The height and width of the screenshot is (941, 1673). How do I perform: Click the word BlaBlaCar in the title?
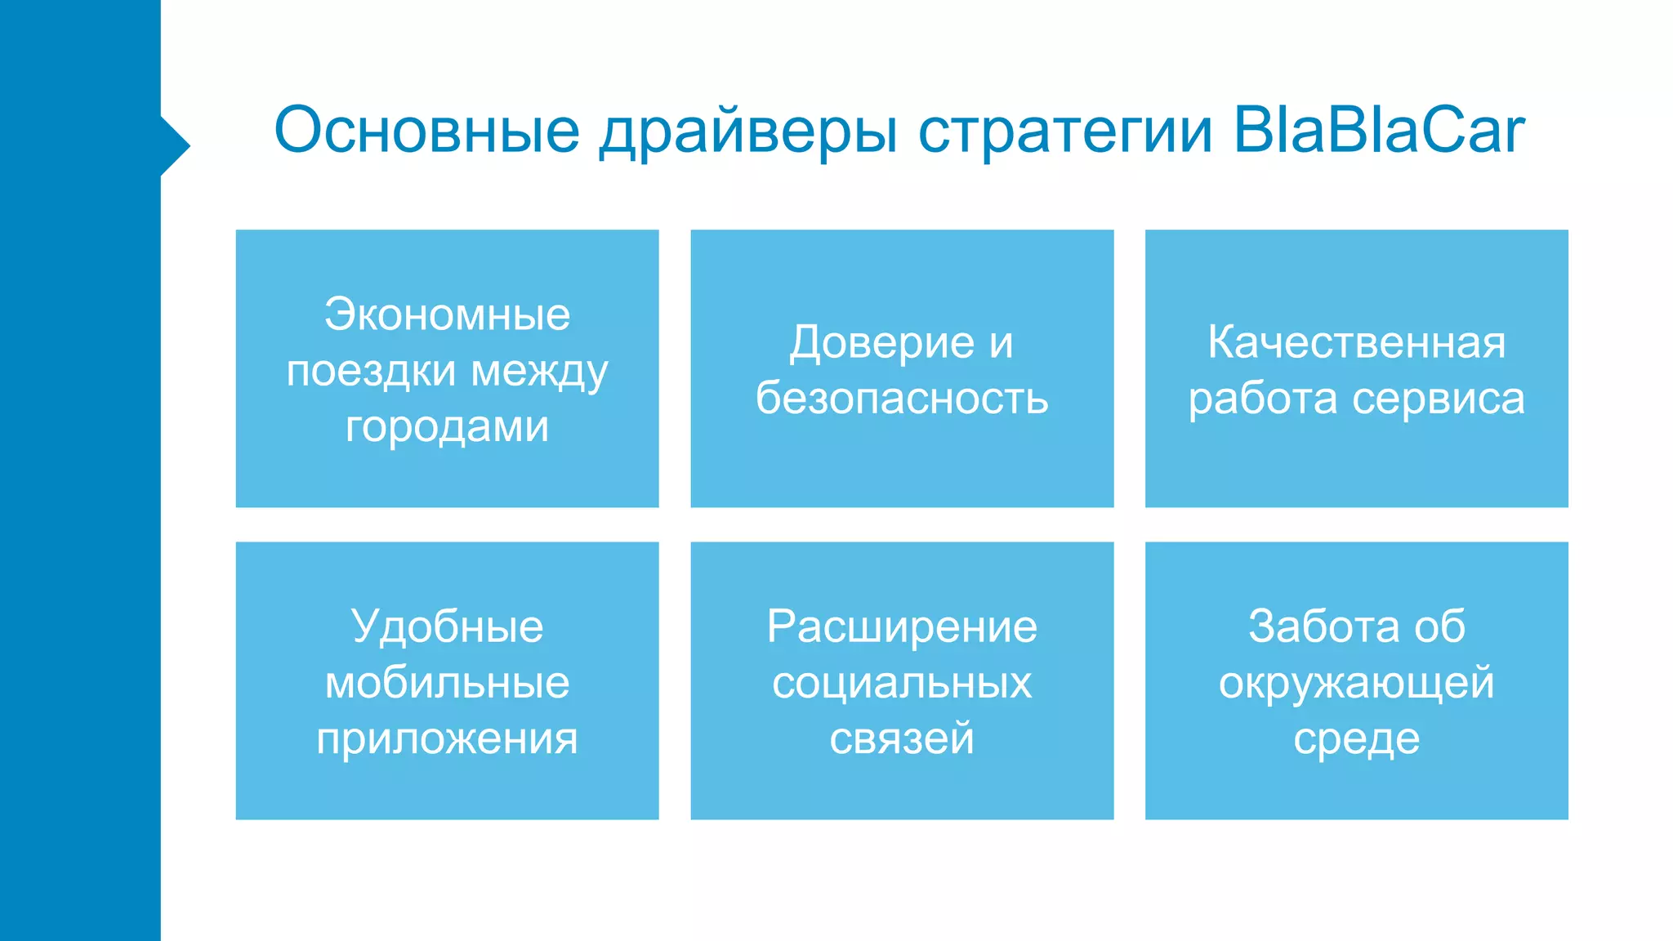(1378, 131)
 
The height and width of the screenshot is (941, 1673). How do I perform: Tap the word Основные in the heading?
(426, 131)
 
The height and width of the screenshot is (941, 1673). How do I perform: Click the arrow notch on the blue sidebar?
(176, 146)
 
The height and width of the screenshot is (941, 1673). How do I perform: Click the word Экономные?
(447, 314)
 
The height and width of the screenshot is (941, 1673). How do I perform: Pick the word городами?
(447, 426)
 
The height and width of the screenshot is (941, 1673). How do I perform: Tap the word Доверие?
(881, 342)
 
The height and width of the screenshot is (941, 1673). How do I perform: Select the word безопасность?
(902, 399)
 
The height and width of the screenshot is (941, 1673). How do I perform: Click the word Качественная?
(1356, 342)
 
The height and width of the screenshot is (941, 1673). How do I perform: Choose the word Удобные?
(447, 627)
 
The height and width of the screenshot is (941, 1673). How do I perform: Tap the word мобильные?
(447, 682)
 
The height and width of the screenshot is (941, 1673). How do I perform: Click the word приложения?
(447, 738)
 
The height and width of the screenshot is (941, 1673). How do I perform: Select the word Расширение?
(902, 627)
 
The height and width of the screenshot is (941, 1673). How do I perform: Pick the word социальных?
(902, 682)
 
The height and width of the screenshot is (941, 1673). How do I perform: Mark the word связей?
(902, 738)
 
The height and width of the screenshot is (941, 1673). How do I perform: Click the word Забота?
(1318, 627)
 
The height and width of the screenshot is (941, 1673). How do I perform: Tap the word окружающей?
(1356, 682)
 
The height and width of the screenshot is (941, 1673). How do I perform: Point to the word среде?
(1356, 738)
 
